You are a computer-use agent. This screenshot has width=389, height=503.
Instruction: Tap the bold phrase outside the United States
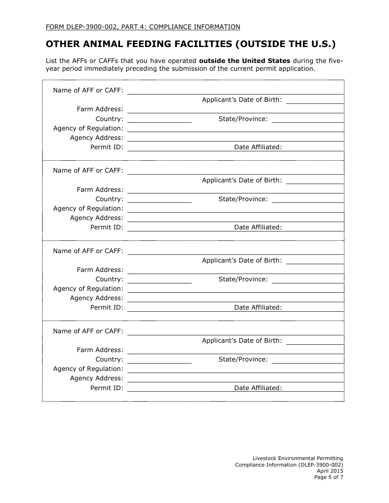[244, 61]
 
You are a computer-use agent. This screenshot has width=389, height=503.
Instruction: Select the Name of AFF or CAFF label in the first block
[88, 90]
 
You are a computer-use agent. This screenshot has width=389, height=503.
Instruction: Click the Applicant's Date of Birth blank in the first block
[314, 101]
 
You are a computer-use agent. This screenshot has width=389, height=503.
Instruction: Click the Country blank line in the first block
[159, 119]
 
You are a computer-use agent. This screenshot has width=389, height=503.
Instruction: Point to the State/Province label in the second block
[243, 199]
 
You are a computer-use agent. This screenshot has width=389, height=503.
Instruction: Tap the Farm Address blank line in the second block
[235, 190]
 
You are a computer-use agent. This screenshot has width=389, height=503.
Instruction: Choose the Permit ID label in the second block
[106, 227]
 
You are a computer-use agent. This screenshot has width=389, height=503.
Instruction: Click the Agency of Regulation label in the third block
[88, 289]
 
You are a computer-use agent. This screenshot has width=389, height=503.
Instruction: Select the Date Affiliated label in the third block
[258, 308]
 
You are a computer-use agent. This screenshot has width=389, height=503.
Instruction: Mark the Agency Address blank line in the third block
[235, 299]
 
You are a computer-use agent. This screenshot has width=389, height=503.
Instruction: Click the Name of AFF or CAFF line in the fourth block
[235, 332]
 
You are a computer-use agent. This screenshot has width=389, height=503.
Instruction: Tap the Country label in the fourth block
[109, 359]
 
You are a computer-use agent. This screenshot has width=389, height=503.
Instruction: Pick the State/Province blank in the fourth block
[308, 360]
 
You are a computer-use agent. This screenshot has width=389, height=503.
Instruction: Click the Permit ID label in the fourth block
[106, 388]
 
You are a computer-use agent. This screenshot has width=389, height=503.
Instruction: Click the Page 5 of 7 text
[328, 477]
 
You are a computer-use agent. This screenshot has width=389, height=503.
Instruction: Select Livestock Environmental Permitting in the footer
[297, 458]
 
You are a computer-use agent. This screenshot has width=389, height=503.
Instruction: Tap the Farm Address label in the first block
[100, 109]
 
